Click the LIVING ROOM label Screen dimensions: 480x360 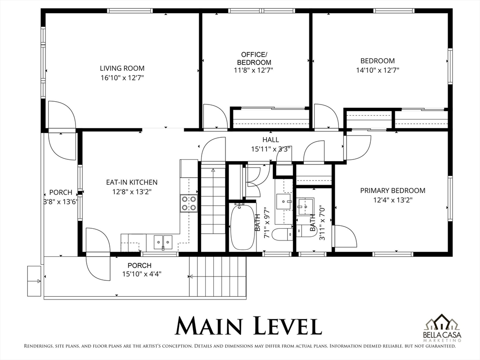point(122,68)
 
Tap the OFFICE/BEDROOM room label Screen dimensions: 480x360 point(254,59)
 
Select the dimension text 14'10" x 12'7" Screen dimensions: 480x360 point(377,70)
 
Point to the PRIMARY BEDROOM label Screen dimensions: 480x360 point(393,190)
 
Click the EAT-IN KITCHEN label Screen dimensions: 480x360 point(132,182)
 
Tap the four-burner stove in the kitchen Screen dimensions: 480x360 point(189,203)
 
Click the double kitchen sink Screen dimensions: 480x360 point(163,242)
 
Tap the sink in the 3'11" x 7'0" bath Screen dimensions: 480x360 point(306,206)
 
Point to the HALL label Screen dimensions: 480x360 point(270,140)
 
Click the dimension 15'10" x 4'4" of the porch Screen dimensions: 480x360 point(142,274)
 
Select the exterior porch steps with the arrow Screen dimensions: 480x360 point(217,277)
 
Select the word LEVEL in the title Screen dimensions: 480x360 point(288,326)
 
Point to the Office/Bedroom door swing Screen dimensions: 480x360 point(215,116)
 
